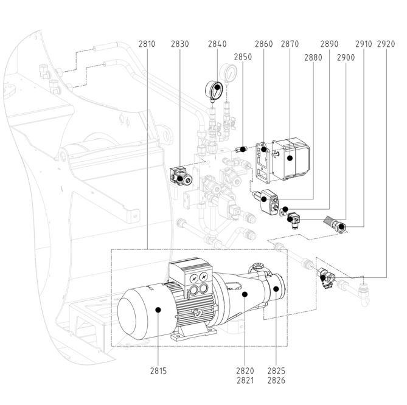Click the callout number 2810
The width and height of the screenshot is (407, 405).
point(147,44)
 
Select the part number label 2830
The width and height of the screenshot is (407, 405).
point(179,44)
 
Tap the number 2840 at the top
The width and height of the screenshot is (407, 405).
point(217,44)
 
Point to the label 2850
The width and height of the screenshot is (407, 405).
point(243,57)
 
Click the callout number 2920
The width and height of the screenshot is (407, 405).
point(386,44)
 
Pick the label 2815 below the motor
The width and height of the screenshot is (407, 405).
point(158,371)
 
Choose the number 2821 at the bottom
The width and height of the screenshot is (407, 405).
point(245,380)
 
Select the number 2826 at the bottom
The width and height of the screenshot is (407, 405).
point(276,380)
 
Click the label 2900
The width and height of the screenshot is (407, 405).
point(346,57)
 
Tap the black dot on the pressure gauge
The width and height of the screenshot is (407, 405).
point(217,87)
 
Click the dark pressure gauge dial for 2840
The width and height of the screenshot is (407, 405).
point(214,90)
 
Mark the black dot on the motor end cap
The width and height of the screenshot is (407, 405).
point(158,310)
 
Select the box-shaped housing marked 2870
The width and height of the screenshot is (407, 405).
point(291,158)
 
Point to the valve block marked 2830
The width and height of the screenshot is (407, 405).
point(181,176)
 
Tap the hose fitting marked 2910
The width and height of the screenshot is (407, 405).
point(337,225)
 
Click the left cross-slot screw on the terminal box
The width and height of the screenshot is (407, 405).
point(194,279)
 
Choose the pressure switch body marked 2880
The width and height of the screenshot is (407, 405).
point(267,201)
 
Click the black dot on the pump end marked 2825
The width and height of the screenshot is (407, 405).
point(276,288)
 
